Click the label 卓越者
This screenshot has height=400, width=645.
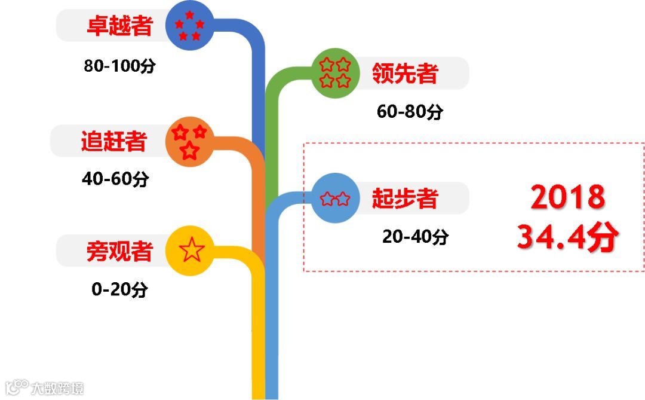[x=119, y=26]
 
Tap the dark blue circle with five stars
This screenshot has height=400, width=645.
[x=189, y=26]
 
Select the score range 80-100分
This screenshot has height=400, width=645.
[x=119, y=66]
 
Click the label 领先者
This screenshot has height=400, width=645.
[x=405, y=73]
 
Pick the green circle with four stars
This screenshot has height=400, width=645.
[x=334, y=72]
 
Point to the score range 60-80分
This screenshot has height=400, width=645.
[x=410, y=112]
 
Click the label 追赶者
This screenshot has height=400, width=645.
[x=114, y=141]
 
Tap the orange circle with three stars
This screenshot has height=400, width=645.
[x=189, y=142]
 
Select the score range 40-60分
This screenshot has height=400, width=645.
[x=115, y=179]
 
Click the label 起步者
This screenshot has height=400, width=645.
[x=405, y=198]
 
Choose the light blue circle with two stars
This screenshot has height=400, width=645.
[x=335, y=198]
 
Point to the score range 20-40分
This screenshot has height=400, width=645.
[x=416, y=237]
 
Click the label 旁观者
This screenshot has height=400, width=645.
[x=119, y=251]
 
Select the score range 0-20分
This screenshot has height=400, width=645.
[x=119, y=290]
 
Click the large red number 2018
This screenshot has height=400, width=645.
[x=568, y=197]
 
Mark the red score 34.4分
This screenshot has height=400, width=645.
[x=567, y=237]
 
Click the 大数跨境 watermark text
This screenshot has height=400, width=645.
[x=57, y=387]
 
